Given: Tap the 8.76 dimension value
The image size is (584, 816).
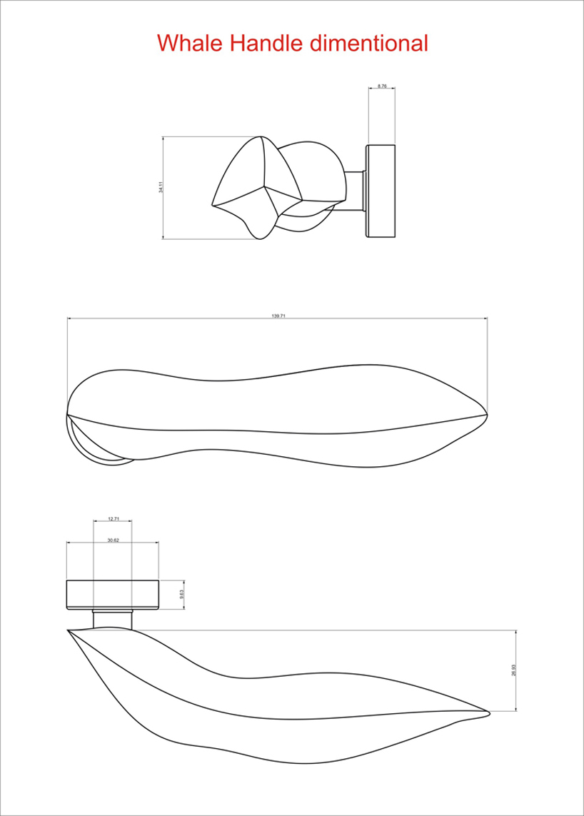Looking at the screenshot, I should (x=381, y=86).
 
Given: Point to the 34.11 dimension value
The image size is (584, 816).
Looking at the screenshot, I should (x=161, y=187).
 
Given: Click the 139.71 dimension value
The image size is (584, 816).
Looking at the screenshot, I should (x=278, y=316).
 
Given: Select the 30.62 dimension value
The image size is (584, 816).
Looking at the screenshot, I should (x=113, y=540).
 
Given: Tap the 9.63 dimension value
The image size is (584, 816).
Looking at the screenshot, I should (x=183, y=594).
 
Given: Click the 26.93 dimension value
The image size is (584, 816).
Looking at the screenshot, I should (x=513, y=671).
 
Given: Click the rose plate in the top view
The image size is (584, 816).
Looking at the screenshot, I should (x=381, y=191).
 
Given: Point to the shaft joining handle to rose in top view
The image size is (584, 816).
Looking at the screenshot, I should (x=356, y=191).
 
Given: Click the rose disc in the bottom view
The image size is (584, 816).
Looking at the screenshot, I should (x=112, y=595).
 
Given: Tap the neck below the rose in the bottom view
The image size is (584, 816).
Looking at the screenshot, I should (x=113, y=618).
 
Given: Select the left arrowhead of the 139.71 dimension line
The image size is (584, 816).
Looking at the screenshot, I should (x=69, y=319).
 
